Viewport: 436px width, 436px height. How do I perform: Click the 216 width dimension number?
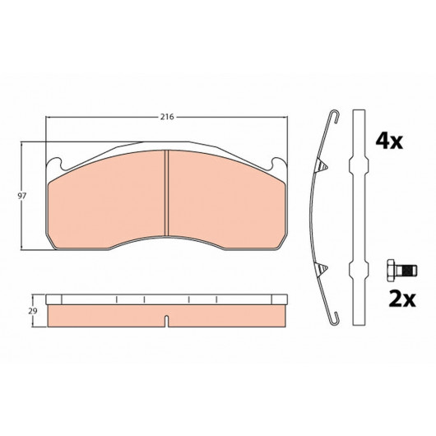pyautogui.click(x=167, y=117)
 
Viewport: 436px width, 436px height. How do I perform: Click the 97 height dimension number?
pyautogui.click(x=22, y=196)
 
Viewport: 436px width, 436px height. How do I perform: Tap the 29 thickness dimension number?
pyautogui.click(x=33, y=311)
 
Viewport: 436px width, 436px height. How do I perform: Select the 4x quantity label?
pyautogui.click(x=389, y=141)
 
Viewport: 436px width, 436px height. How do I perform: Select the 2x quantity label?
pyautogui.click(x=402, y=299)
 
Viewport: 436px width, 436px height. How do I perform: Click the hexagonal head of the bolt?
pyautogui.click(x=391, y=270)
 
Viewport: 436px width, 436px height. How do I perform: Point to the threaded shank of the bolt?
pyautogui.click(x=406, y=270)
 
